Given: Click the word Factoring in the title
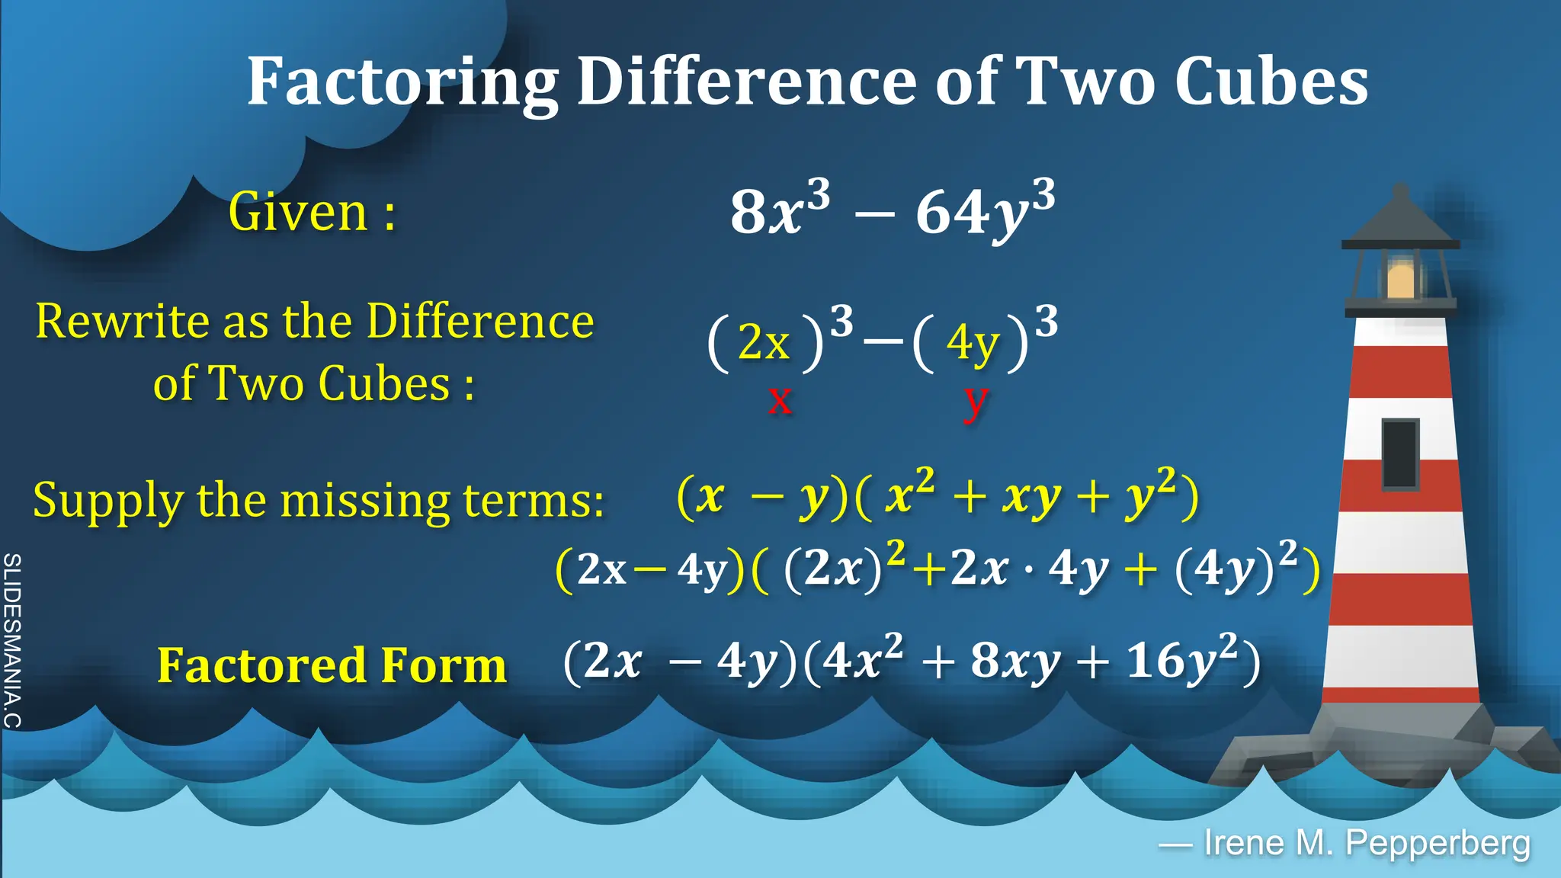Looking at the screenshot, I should point(402,82).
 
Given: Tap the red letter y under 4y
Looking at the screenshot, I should point(975,400).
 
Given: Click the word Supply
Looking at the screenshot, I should point(107,502).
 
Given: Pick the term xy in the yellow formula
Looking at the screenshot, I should point(1032,498).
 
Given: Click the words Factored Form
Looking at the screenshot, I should point(332,665).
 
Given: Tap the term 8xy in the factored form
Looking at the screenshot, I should point(1014,661).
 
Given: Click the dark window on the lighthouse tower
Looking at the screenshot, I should point(1400,453).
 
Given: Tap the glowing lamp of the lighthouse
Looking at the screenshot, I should point(1401,278).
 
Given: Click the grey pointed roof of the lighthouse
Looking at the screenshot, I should point(1401,217).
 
